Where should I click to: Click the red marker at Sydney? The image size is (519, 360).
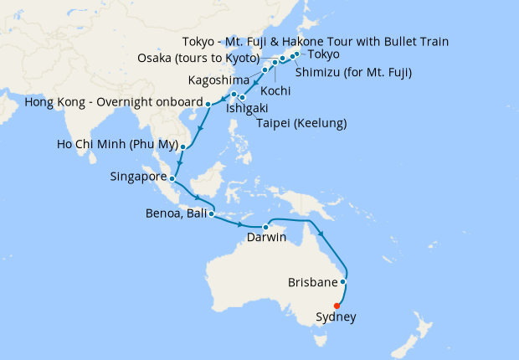pos(337,305)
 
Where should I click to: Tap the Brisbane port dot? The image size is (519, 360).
pos(344,282)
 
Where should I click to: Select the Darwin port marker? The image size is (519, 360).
pos(265,227)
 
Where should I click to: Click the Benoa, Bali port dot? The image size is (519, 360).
pos(211,213)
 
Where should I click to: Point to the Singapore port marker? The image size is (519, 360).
pos(172,177)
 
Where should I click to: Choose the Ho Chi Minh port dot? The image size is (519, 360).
pos(182,147)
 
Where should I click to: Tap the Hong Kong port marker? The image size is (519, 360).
pos(208,103)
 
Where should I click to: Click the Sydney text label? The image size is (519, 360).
pos(337,317)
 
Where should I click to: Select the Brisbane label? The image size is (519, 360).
pos(312,282)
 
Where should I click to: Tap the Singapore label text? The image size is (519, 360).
pos(138,177)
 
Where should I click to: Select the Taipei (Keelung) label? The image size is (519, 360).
pos(302,124)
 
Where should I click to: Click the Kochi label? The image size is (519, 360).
pos(276,90)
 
